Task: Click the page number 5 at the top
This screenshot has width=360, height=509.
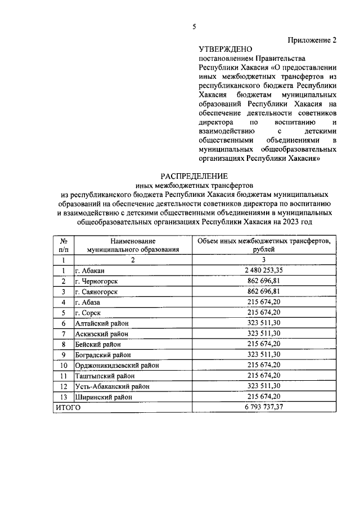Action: click(194, 26)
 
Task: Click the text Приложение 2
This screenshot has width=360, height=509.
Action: click(312, 40)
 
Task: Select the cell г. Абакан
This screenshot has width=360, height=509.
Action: click(89, 271)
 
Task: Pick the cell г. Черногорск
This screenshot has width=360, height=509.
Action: click(96, 281)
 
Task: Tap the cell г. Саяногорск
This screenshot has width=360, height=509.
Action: click(96, 292)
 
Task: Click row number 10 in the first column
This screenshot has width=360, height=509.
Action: click(64, 365)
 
